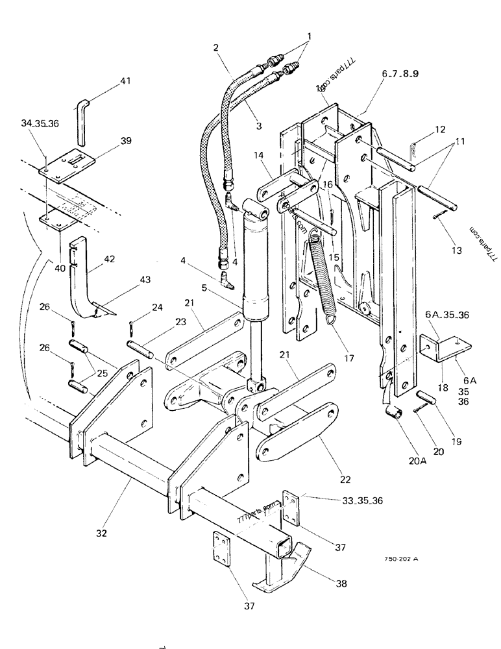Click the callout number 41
[x=125, y=81]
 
